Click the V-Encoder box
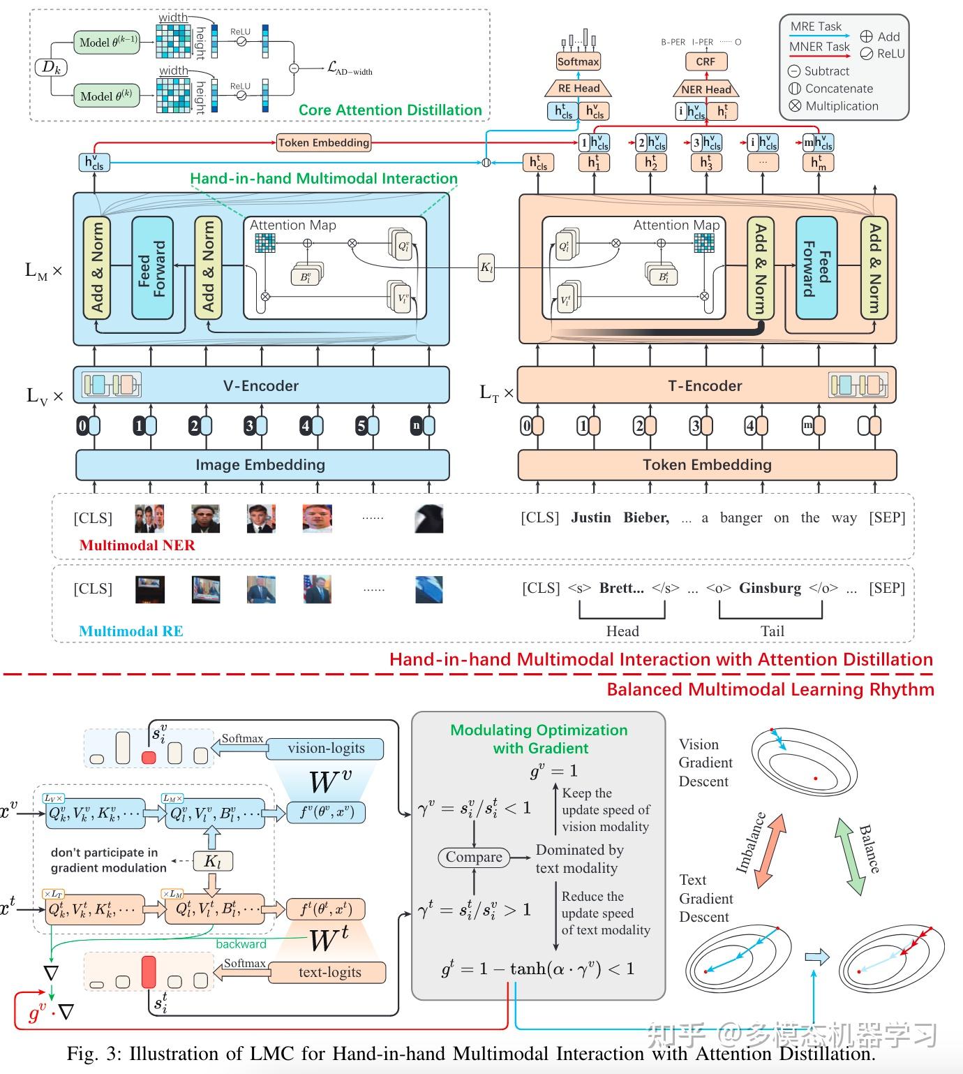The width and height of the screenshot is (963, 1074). point(261,385)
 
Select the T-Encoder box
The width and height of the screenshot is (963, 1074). point(706,385)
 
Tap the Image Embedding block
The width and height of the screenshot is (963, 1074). point(262,465)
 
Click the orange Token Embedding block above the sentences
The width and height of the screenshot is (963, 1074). point(706,465)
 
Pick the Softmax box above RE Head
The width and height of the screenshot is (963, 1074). point(578,61)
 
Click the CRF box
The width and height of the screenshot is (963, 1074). point(705,61)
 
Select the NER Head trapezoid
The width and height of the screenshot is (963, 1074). point(706,89)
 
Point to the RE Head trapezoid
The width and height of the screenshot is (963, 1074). point(578,88)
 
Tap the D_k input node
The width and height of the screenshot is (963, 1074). point(51,68)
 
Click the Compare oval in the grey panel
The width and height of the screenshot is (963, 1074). point(474,857)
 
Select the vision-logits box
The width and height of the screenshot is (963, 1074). point(326,749)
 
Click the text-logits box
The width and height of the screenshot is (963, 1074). point(329,972)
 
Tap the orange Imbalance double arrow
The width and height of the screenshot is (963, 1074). point(772,850)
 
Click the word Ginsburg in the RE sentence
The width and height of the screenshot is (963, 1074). point(770,588)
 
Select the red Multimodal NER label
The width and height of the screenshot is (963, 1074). point(137,545)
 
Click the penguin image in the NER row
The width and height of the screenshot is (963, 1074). point(428,519)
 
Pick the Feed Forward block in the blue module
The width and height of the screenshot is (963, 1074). point(152,268)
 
